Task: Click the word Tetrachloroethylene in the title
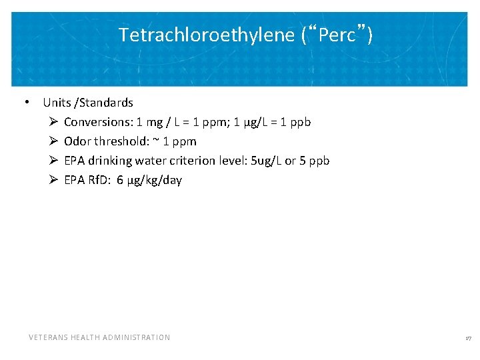coord(206,35)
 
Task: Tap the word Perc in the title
coord(337,35)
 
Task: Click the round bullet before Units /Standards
coord(25,102)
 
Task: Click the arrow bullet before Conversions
coord(53,123)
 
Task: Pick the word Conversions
coord(97,122)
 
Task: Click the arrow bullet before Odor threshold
coord(53,142)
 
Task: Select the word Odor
coord(77,141)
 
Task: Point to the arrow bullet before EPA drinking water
coord(53,161)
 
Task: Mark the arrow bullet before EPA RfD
coord(53,181)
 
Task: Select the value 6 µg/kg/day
coord(149,180)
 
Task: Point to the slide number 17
coord(468,339)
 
